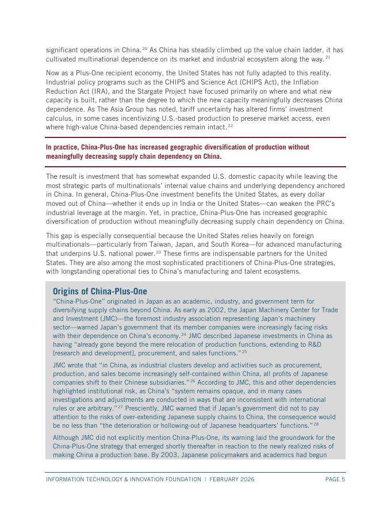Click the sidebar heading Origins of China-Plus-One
(99, 291)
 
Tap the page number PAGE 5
(335, 479)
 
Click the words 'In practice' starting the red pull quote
(63, 147)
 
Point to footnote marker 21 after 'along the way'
(328, 57)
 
